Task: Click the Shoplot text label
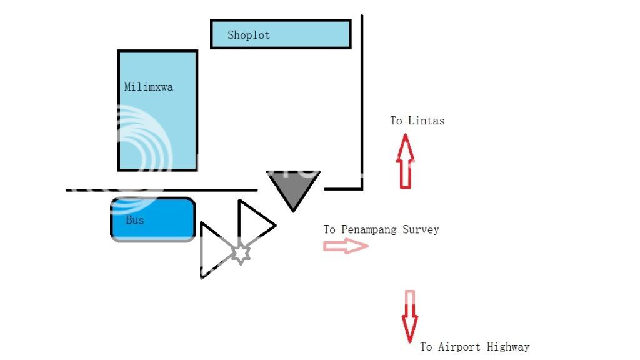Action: pos(248,35)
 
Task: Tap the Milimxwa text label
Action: pos(148,87)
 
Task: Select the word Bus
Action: pos(134,220)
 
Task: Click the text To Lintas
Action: pos(417,121)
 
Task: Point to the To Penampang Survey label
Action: pos(381,230)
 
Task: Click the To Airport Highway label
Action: pos(474,347)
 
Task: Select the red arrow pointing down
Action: pos(409,316)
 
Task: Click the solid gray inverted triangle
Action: pos(293,186)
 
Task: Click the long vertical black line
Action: pos(362,100)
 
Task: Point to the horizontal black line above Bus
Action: pos(161,190)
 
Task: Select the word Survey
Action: pos(420,230)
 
